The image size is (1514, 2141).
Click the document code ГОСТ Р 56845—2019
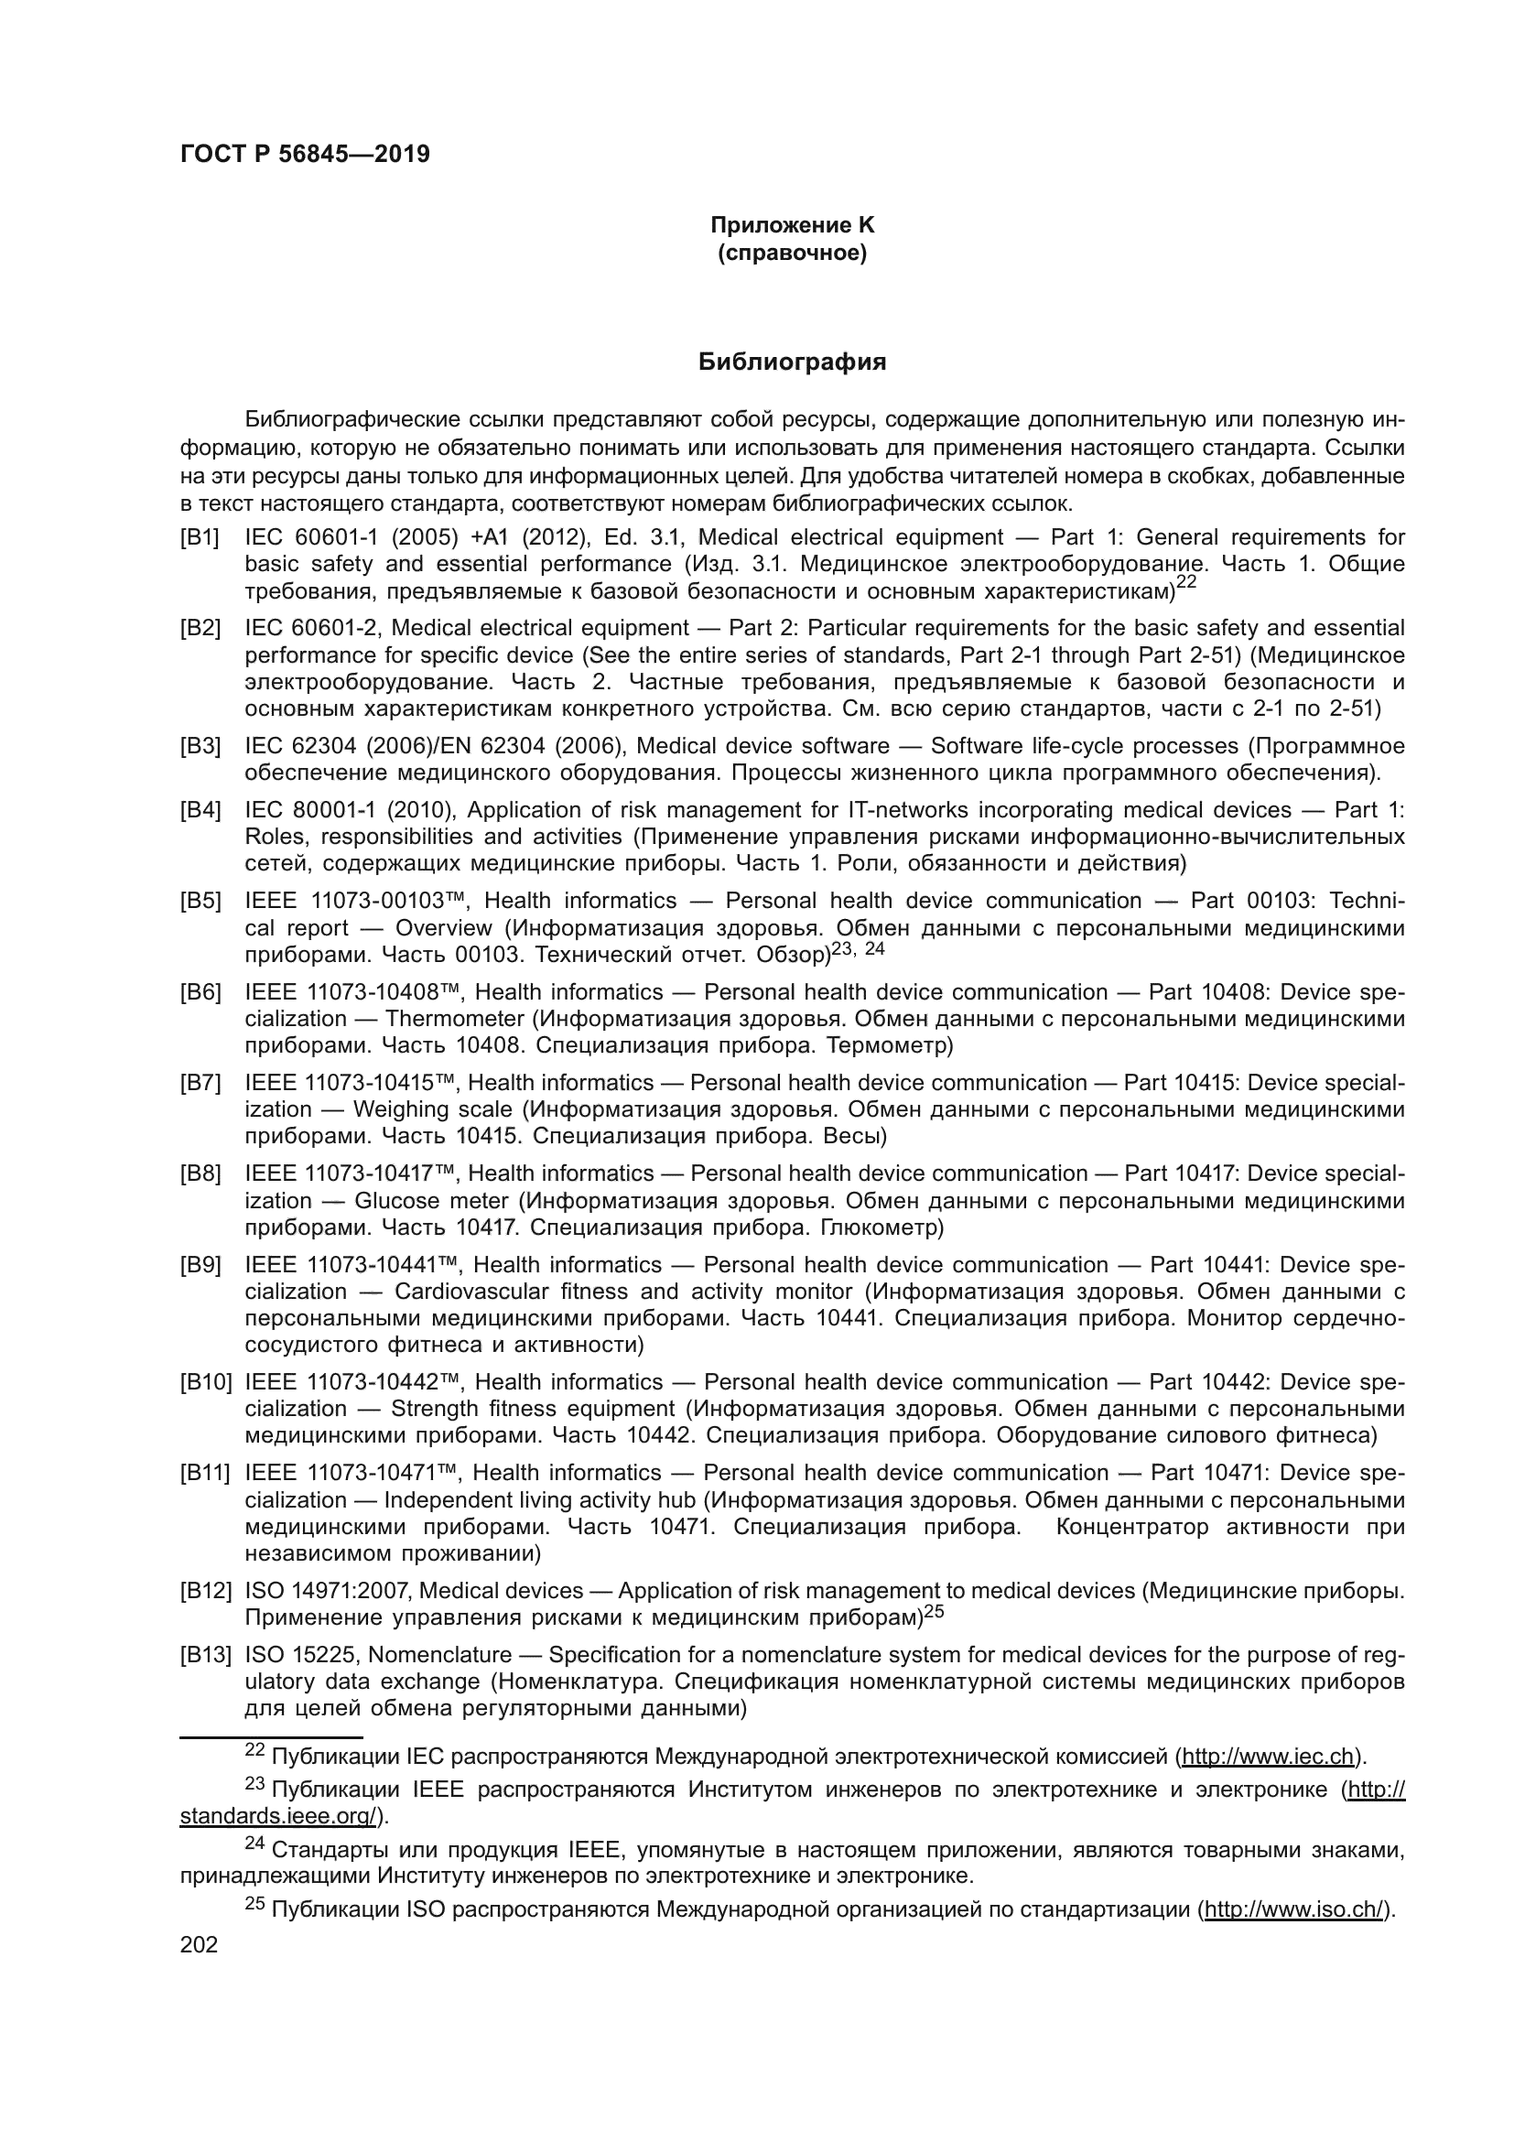point(305,155)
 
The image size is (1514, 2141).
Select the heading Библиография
point(792,362)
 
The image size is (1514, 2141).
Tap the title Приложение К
point(792,225)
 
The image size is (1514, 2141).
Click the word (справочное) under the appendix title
point(792,253)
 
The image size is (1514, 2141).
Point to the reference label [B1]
point(200,537)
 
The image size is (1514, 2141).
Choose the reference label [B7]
point(200,1083)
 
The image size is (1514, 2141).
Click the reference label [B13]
point(205,1655)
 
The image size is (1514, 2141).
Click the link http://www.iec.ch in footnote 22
point(1267,1757)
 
